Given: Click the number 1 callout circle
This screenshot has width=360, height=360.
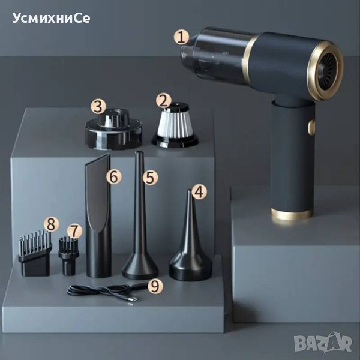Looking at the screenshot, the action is coord(181,37).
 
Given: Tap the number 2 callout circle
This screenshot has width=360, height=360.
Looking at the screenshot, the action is coord(163,101).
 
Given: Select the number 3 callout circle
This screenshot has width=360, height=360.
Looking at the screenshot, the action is coord(98,107).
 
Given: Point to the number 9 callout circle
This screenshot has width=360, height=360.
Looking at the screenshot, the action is coord(155,286).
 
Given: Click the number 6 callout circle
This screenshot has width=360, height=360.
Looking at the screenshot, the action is coord(113,177).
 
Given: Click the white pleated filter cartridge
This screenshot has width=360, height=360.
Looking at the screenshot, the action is coord(175,126).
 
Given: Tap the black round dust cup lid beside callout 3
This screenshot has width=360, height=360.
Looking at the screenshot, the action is coord(113,130).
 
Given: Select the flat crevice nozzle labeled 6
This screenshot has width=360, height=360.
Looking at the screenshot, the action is coord(98,216).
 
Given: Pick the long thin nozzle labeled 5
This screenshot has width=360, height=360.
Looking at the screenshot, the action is coord(140,216).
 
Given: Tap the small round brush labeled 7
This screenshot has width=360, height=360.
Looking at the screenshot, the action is coord(68,256).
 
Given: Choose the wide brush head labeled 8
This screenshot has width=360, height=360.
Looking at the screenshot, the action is coord(35,254).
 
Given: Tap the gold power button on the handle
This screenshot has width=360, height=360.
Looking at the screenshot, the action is coord(311,127).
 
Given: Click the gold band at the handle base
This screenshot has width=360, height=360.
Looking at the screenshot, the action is coord(292,214).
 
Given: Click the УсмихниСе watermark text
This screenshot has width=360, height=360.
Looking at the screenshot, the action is coord(51,18).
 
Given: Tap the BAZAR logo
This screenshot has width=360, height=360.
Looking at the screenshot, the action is coord(323,341).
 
